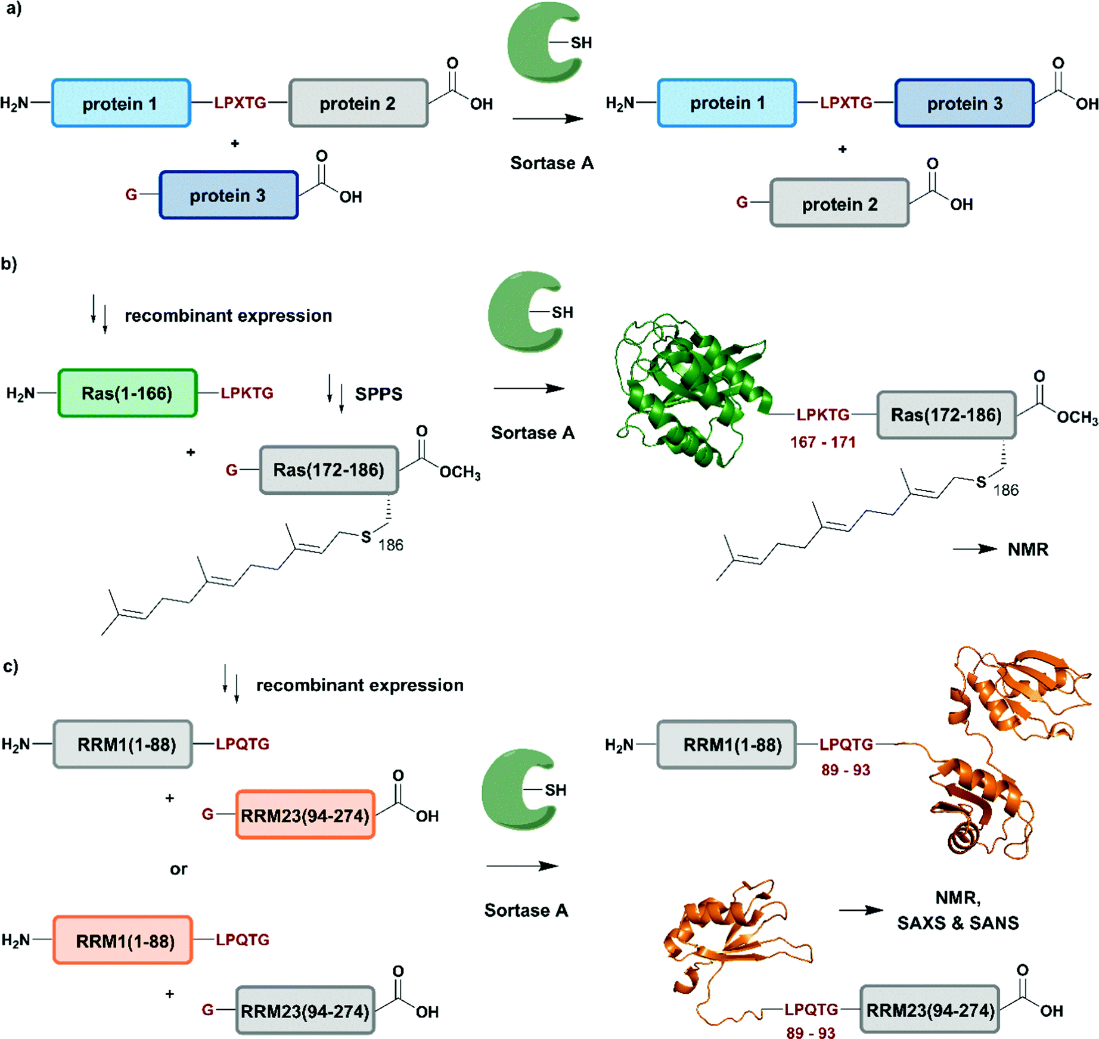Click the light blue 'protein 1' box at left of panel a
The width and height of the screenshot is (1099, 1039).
121,103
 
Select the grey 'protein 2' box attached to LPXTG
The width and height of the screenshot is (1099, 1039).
358,103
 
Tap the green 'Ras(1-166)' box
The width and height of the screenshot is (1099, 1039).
127,393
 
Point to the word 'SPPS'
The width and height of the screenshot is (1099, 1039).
378,394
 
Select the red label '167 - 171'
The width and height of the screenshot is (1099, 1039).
822,442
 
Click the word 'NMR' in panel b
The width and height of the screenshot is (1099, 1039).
1027,549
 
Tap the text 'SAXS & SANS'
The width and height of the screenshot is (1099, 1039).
958,923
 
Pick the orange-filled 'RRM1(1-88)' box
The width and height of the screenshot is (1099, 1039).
123,940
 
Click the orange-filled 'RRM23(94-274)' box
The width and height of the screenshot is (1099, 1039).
305,815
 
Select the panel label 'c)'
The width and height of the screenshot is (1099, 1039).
10,665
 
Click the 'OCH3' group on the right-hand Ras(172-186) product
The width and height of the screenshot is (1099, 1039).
1077,418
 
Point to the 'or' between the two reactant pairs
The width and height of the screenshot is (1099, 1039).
178,869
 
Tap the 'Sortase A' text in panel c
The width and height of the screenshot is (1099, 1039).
526,910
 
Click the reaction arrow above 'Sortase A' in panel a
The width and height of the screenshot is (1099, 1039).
547,119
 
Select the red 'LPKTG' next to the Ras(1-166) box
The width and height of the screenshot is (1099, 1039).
247,393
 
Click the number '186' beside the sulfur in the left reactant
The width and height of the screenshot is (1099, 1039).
390,545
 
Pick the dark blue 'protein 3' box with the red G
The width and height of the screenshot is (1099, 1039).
228,196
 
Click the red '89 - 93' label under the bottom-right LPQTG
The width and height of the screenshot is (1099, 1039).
810,1032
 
